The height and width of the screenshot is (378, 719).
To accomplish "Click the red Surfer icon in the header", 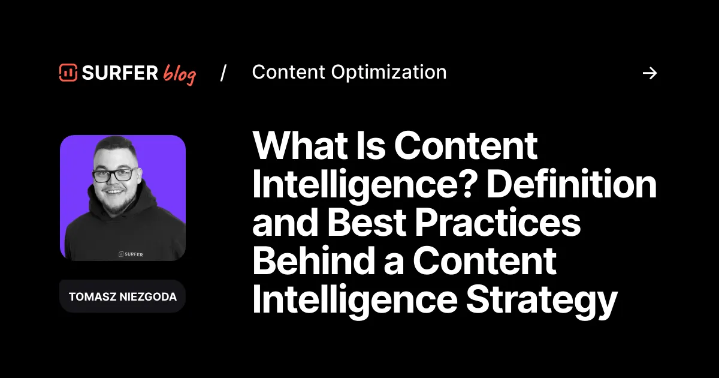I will point(68,73).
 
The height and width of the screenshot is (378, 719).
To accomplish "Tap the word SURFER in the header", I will point(119,73).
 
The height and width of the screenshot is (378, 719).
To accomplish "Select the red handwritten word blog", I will point(179,74).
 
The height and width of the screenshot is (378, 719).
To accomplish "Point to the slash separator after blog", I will point(223,73).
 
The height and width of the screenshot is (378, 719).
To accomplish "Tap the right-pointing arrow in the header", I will point(649,73).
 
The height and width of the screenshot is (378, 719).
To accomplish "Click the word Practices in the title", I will point(499,222).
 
